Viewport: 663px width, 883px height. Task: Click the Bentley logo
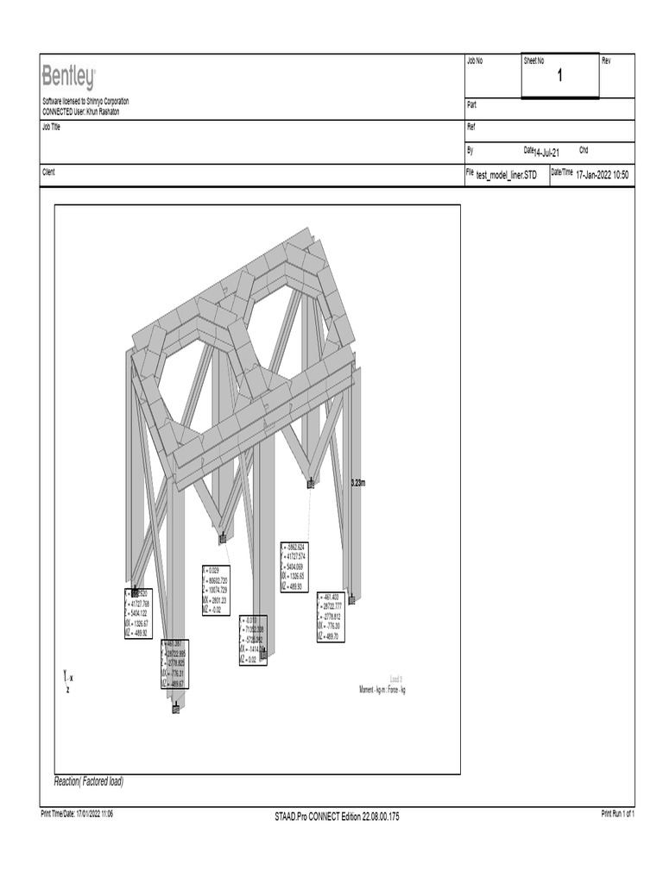(69, 78)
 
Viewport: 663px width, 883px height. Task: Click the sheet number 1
(559, 77)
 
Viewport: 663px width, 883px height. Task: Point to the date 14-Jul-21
(547, 153)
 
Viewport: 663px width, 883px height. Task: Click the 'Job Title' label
(53, 126)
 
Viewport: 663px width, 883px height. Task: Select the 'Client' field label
(49, 172)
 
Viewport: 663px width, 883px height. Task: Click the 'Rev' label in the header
(606, 60)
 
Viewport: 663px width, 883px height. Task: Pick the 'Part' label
(471, 104)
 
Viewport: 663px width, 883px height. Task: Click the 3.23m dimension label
(357, 483)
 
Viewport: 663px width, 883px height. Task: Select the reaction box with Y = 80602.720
(221, 590)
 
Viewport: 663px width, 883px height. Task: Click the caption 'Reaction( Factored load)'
(89, 782)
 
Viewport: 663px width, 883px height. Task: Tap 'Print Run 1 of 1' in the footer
(617, 814)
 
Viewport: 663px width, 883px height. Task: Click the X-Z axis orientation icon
(68, 681)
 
